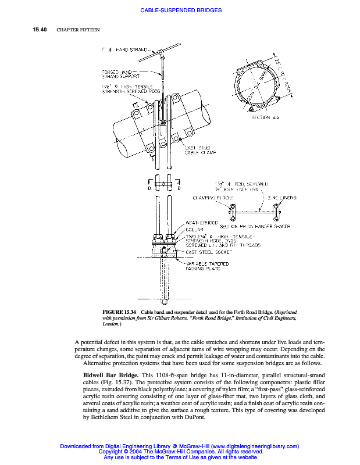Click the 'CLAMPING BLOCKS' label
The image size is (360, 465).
click(x=213, y=198)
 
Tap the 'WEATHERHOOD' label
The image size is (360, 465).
click(x=201, y=223)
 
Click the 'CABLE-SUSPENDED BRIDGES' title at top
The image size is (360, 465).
click(x=180, y=10)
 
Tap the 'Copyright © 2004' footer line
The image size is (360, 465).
click(x=180, y=452)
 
